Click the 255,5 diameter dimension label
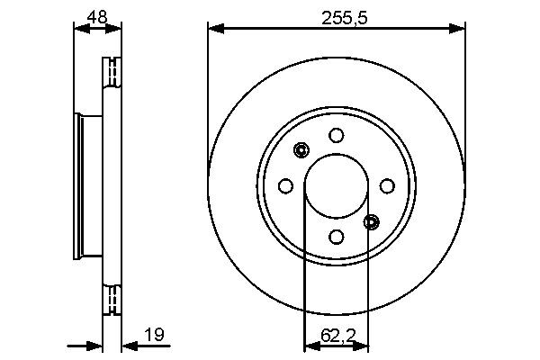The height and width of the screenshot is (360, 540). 337,16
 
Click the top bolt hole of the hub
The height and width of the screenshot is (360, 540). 337,136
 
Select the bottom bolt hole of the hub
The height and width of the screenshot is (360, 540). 337,236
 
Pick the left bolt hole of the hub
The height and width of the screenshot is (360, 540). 286,186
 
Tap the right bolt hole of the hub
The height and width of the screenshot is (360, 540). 387,186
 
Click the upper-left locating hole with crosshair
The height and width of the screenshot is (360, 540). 301,150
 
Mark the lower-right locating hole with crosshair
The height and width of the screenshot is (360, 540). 372,221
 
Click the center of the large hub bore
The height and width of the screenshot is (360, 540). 337,186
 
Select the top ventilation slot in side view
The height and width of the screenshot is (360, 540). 112,72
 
